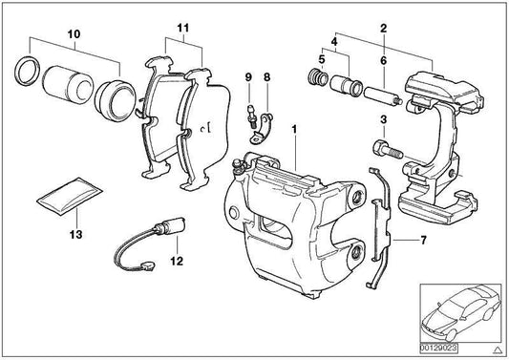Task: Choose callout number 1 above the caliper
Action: pos(296,128)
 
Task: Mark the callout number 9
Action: pos(247,76)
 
